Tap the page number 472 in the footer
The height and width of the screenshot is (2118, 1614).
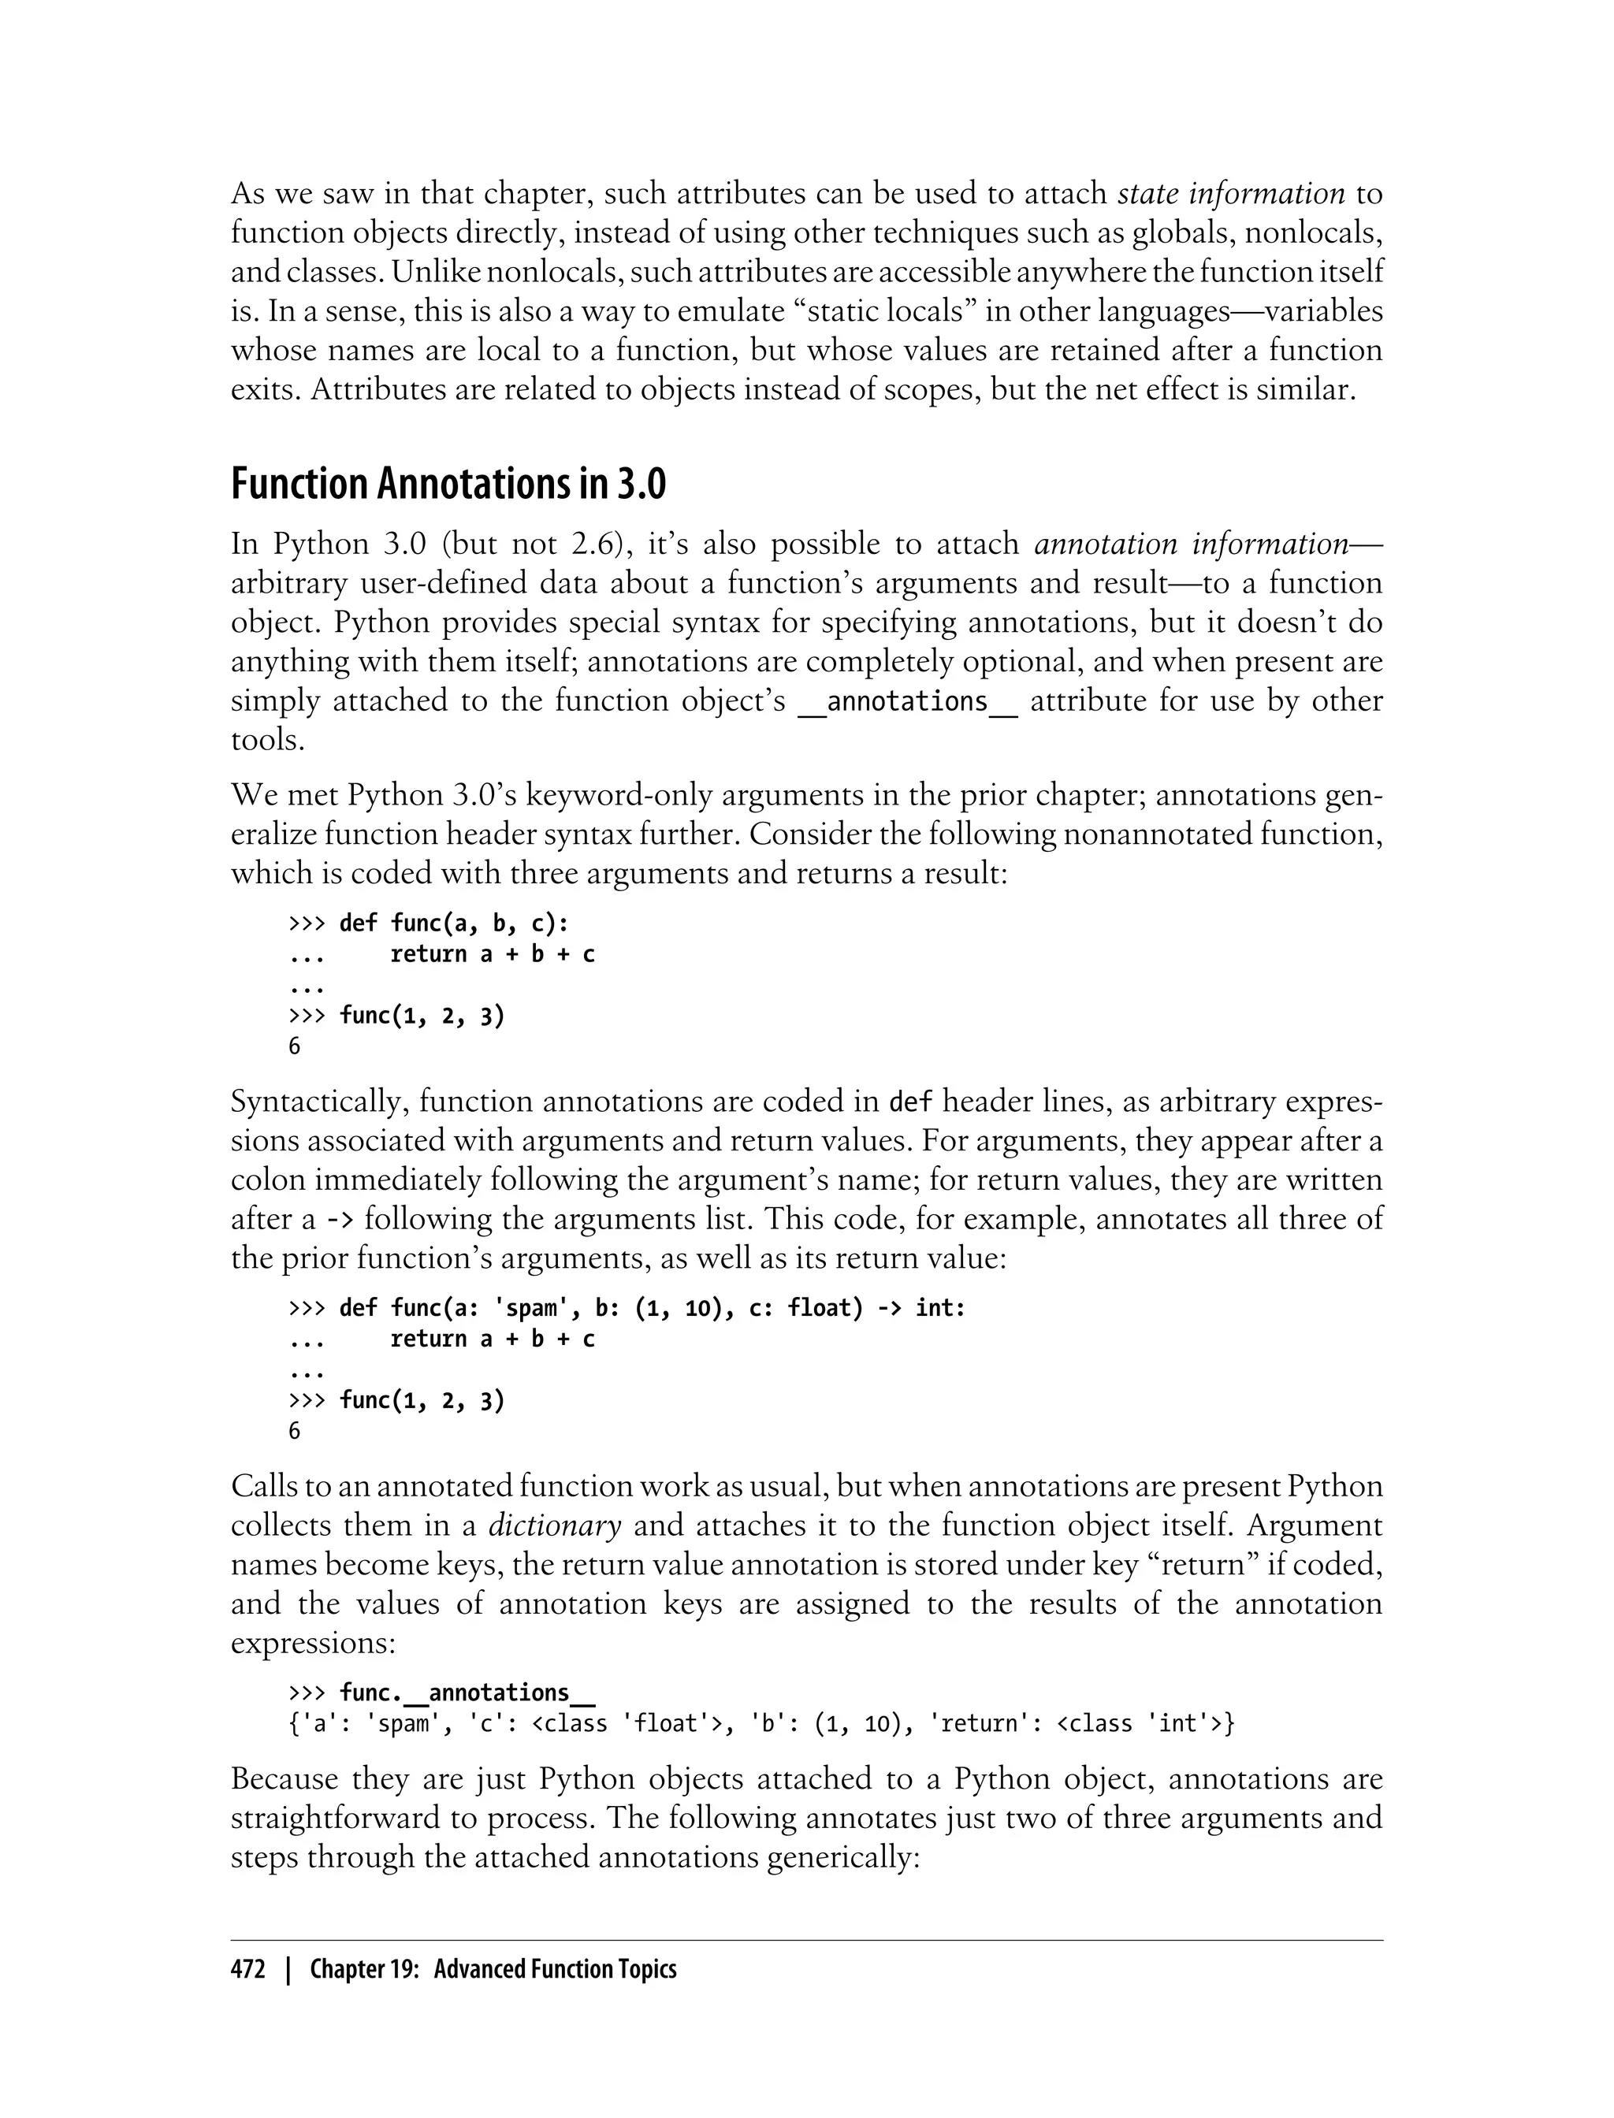click(248, 1969)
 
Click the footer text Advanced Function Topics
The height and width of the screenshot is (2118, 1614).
click(556, 1969)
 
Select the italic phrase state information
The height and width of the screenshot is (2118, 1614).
click(1231, 194)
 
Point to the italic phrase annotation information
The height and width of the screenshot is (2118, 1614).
click(1192, 544)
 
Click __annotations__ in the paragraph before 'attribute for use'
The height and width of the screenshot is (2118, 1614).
click(907, 701)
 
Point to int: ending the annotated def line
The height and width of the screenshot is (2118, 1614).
click(939, 1308)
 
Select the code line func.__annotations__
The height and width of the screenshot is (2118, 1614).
click(455, 1693)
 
